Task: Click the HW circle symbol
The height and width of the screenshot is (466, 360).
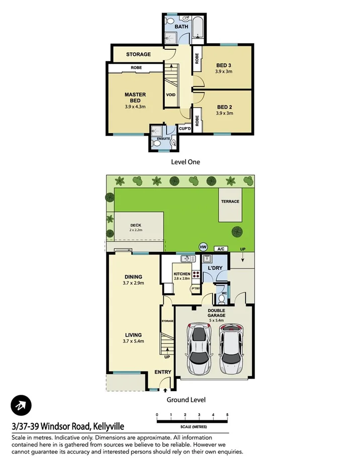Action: (203, 247)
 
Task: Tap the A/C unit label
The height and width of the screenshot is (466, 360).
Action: (220, 249)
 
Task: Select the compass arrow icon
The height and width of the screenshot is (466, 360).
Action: (21, 405)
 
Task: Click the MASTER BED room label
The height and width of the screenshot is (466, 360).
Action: (135, 98)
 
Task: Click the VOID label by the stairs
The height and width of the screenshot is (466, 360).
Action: (170, 94)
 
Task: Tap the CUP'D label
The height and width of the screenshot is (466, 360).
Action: (185, 129)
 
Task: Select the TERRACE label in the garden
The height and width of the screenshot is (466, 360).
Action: (230, 202)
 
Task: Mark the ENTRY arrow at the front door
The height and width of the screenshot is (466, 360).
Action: (165, 390)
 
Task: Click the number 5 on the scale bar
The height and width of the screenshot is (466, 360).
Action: (227, 415)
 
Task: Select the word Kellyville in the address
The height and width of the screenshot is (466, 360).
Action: (107, 427)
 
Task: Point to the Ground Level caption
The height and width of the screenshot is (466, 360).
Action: (186, 400)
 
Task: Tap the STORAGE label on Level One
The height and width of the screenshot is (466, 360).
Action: (138, 54)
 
